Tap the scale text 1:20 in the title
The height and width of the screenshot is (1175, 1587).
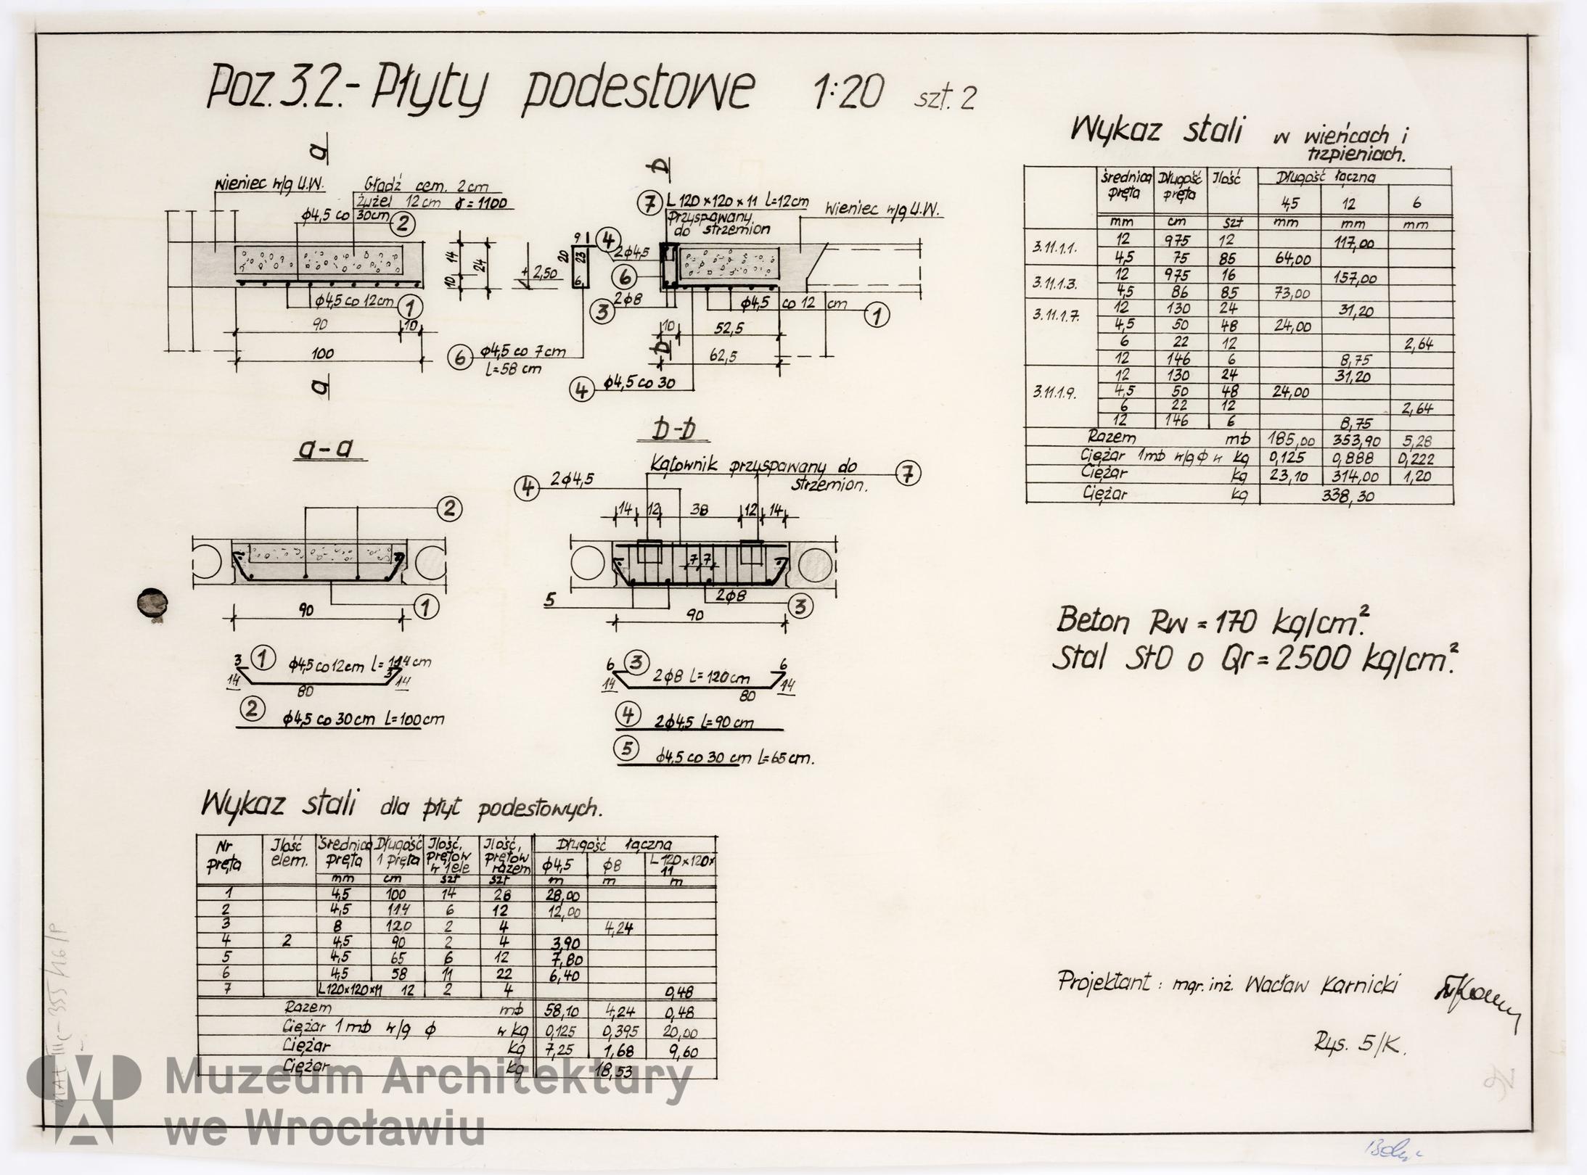point(848,93)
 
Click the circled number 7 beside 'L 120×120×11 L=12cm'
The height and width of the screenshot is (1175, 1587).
point(648,204)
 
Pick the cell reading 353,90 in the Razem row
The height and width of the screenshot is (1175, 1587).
point(1353,441)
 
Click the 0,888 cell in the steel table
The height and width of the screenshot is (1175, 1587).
point(1353,458)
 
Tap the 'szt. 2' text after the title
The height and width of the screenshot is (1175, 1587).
point(945,97)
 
